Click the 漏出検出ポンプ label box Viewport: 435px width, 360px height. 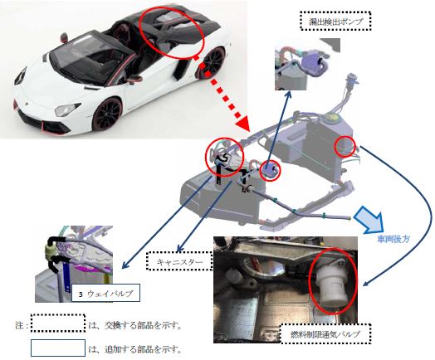[335, 21]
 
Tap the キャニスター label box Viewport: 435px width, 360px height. [179, 261]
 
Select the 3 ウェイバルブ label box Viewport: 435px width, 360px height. [105, 293]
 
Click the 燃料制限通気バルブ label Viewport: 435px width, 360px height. [325, 334]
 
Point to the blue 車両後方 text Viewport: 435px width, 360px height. [393, 239]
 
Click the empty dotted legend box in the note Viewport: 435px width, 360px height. [58, 324]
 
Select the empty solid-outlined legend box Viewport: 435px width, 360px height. [58, 348]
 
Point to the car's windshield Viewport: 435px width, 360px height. [78, 55]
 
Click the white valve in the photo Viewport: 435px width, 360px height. [330, 285]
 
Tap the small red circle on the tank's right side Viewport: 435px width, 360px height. [345, 146]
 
